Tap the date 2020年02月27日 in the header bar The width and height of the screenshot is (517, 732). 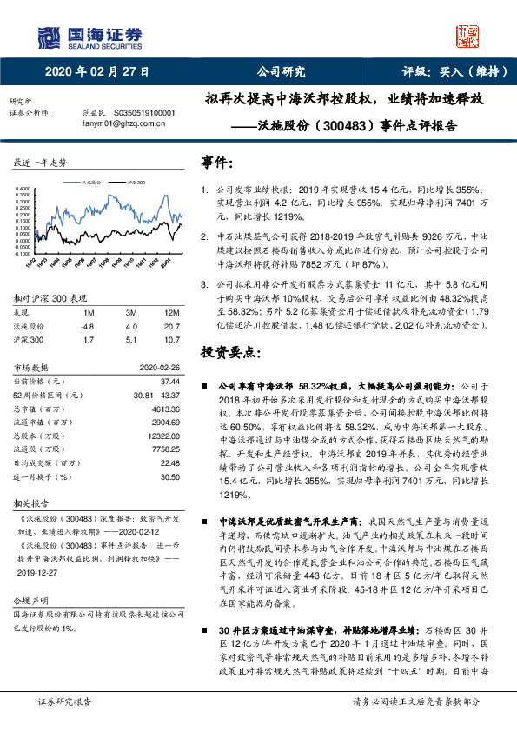(x=96, y=71)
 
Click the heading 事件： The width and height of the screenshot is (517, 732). (x=217, y=163)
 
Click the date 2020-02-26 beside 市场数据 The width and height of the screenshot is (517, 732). (x=159, y=367)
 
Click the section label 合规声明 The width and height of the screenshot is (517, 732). (x=27, y=601)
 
